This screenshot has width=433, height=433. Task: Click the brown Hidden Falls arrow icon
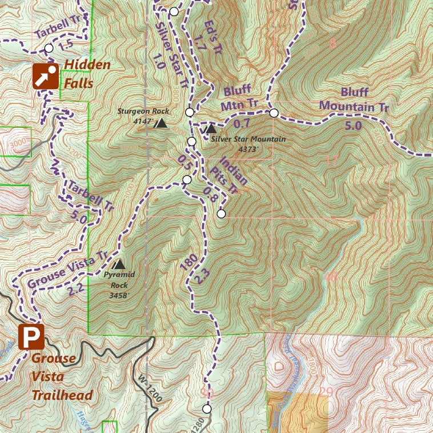(x=45, y=76)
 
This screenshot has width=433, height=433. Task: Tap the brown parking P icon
(x=31, y=337)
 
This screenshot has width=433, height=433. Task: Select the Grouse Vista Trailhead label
(x=62, y=377)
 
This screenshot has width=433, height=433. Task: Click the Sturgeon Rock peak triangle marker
(x=162, y=123)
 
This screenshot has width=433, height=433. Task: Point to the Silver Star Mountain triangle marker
(x=211, y=129)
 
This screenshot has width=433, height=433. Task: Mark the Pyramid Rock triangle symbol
(x=119, y=264)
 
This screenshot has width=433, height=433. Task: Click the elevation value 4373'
(x=248, y=149)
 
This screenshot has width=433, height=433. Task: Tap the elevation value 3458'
(x=120, y=295)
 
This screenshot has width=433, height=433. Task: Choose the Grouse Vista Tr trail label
(x=67, y=270)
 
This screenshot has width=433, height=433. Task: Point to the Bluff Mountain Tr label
(x=354, y=99)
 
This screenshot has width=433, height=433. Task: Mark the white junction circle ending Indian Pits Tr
(x=221, y=214)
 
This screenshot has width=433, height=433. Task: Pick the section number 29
(x=326, y=392)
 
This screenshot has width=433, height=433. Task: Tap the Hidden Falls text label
(x=87, y=74)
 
